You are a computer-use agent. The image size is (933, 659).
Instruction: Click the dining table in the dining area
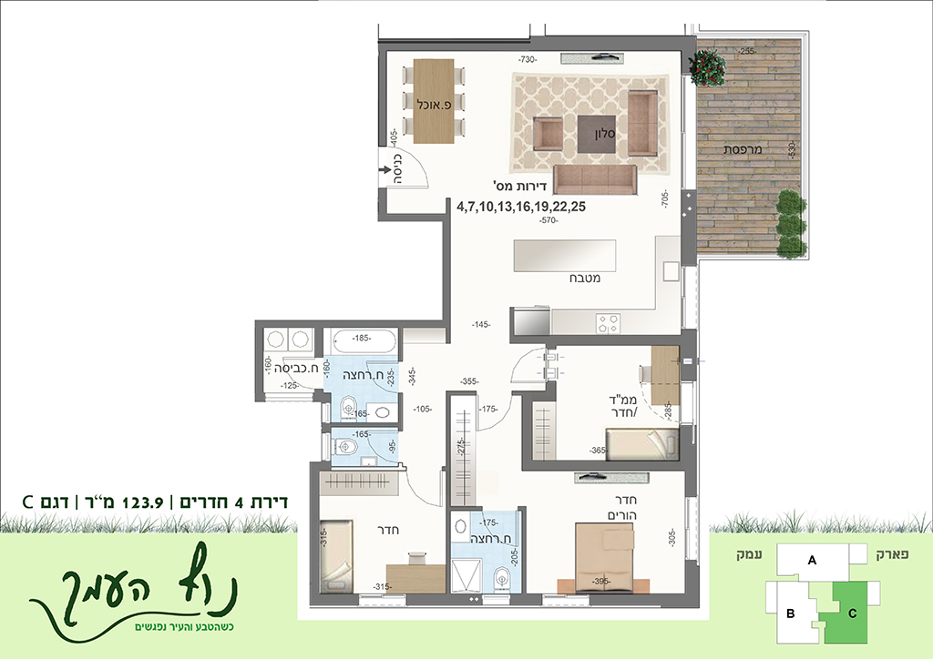tap(434, 101)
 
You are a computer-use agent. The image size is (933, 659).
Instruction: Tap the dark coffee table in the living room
tap(597, 134)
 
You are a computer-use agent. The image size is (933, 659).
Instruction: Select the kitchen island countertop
tap(565, 256)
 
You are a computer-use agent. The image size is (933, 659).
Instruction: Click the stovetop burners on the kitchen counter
tap(608, 322)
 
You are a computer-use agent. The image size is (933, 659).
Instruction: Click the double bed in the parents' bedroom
tap(604, 557)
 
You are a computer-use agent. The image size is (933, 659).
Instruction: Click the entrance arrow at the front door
tap(384, 171)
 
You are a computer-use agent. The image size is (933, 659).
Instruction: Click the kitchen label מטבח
tap(585, 279)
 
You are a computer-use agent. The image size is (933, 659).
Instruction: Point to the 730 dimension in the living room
tap(528, 59)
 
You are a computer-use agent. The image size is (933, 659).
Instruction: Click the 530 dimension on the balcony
tap(792, 150)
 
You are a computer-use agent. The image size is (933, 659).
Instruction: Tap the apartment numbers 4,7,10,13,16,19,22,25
tap(520, 207)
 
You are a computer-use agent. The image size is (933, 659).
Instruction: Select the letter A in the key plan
tap(812, 560)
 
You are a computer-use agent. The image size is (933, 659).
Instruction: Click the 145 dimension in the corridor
tap(480, 324)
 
